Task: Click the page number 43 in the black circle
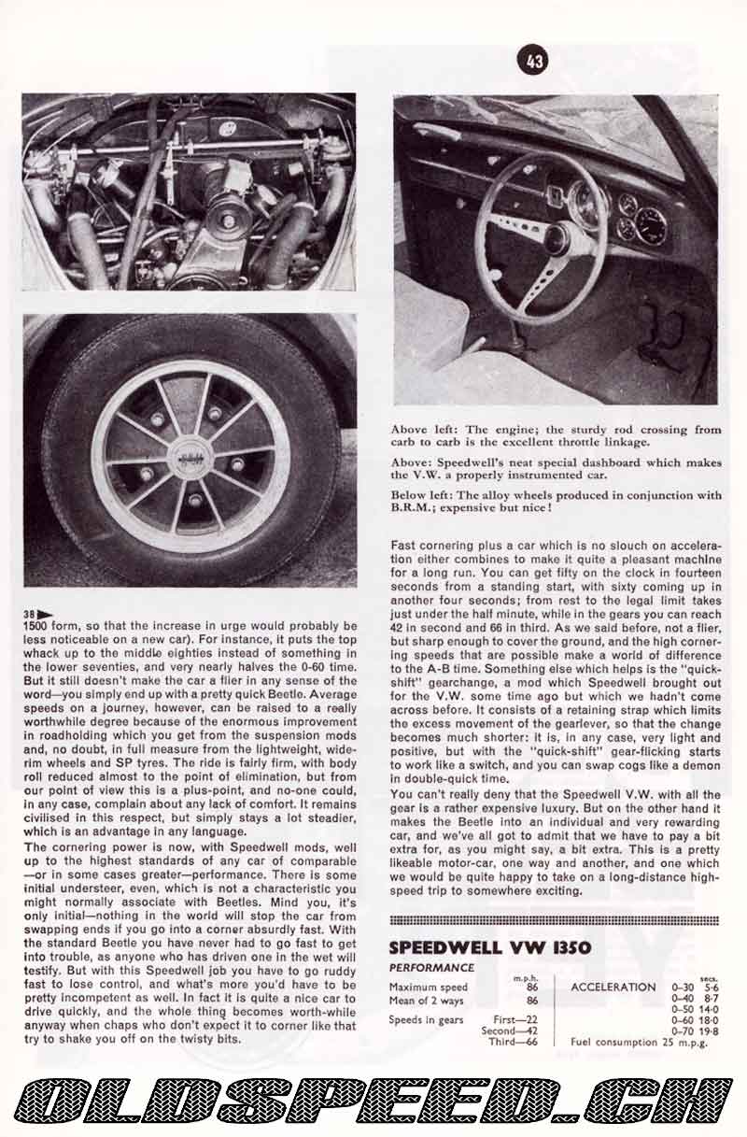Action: click(x=535, y=63)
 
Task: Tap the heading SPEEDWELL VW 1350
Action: click(x=489, y=947)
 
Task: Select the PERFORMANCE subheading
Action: click(x=431, y=968)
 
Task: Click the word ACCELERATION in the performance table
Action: click(x=613, y=987)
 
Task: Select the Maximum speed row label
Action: click(x=429, y=988)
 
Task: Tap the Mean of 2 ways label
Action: click(x=427, y=1001)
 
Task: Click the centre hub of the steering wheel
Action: click(x=557, y=238)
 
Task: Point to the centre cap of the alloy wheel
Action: click(x=190, y=459)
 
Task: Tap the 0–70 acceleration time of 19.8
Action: click(x=712, y=1030)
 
